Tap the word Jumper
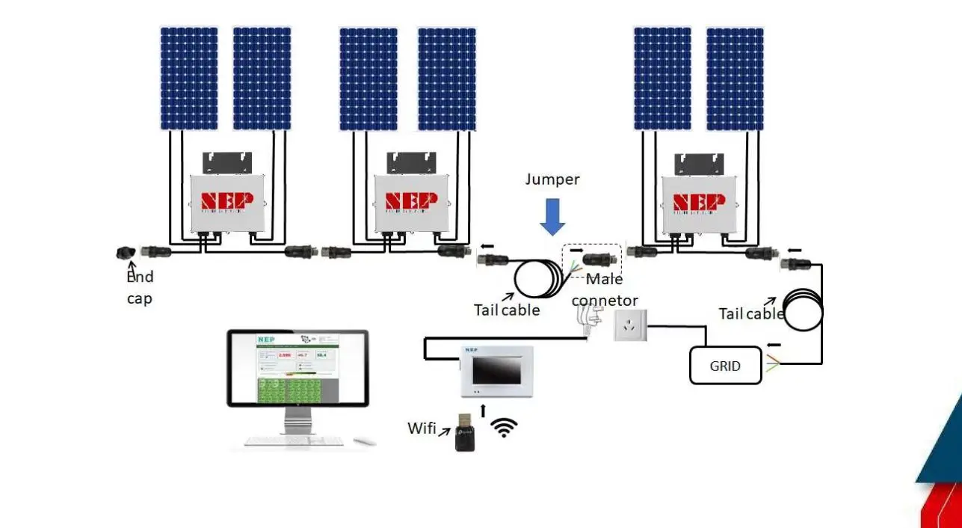[x=552, y=179]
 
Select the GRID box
[x=725, y=366]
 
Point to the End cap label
[x=140, y=287]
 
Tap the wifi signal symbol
[x=505, y=428]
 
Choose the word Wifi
[x=422, y=429]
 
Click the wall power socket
[x=629, y=326]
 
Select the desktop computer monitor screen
[x=297, y=369]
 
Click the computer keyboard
[x=295, y=440]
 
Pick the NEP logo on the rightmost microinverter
[x=699, y=203]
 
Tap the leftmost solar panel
[x=189, y=79]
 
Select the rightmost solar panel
[x=735, y=79]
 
